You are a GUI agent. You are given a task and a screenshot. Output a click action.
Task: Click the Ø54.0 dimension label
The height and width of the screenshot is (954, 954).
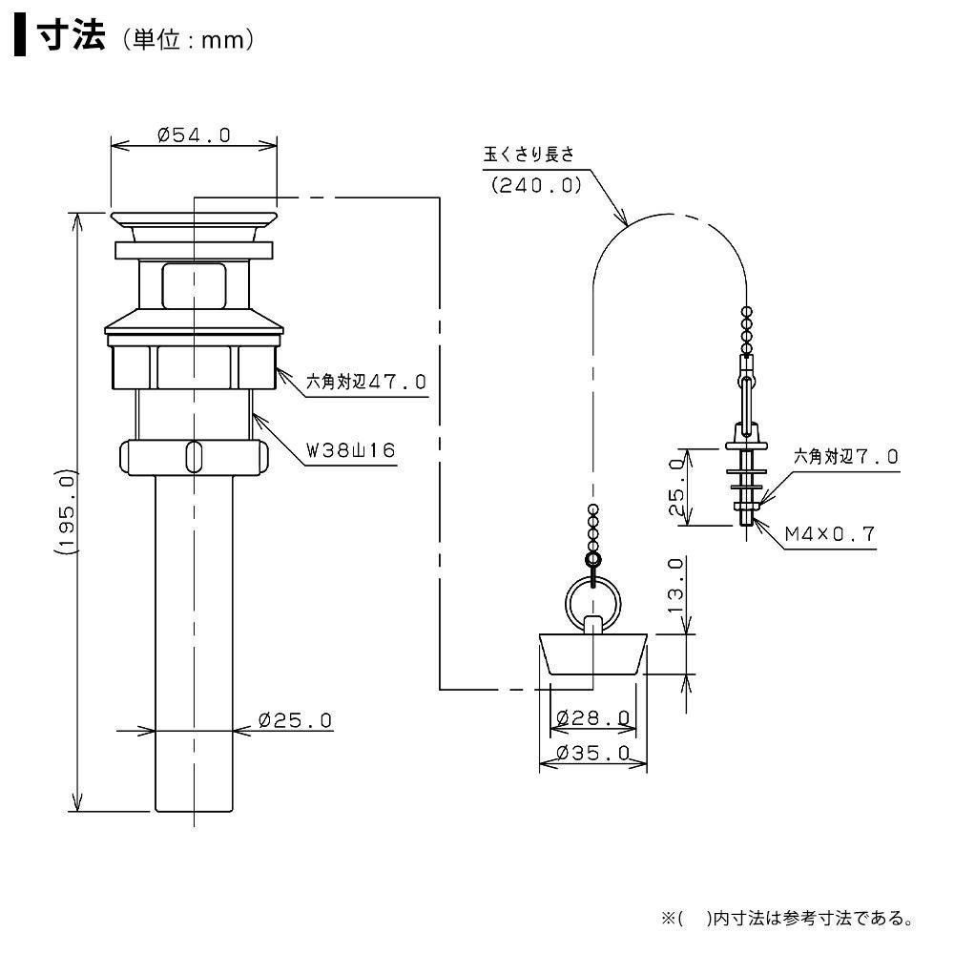pyautogui.click(x=194, y=135)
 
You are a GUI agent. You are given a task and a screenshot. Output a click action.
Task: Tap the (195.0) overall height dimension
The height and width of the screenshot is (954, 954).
pyautogui.click(x=64, y=511)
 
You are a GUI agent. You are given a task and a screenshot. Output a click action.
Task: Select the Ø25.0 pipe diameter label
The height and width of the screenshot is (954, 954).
pyautogui.click(x=295, y=720)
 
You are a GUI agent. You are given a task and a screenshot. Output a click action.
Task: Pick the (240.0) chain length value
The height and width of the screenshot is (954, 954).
pyautogui.click(x=536, y=186)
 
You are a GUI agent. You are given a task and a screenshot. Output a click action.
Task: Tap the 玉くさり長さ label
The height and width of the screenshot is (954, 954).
pyautogui.click(x=529, y=154)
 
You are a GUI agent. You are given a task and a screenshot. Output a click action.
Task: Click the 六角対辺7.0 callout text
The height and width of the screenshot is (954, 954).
pyautogui.click(x=845, y=457)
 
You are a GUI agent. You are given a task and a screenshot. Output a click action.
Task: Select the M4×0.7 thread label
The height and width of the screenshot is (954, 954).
pyautogui.click(x=829, y=534)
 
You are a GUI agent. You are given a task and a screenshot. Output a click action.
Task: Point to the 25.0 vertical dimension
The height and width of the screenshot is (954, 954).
pyautogui.click(x=676, y=487)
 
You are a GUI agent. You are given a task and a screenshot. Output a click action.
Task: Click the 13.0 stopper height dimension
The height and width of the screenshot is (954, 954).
pyautogui.click(x=676, y=584)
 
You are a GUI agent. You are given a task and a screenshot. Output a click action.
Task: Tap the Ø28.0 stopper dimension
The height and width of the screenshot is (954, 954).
pyautogui.click(x=591, y=717)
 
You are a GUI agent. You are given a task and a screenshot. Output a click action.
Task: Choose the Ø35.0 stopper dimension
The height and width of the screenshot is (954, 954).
pyautogui.click(x=592, y=753)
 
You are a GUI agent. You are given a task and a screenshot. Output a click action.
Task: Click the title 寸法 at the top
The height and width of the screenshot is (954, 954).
pyautogui.click(x=69, y=37)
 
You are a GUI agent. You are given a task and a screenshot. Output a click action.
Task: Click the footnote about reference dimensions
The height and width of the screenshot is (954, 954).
pyautogui.click(x=787, y=920)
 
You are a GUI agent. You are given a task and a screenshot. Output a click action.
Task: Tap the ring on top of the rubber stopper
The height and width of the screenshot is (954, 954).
pyautogui.click(x=592, y=601)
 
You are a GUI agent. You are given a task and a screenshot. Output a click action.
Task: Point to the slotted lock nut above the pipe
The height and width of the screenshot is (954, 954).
pyautogui.click(x=192, y=456)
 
